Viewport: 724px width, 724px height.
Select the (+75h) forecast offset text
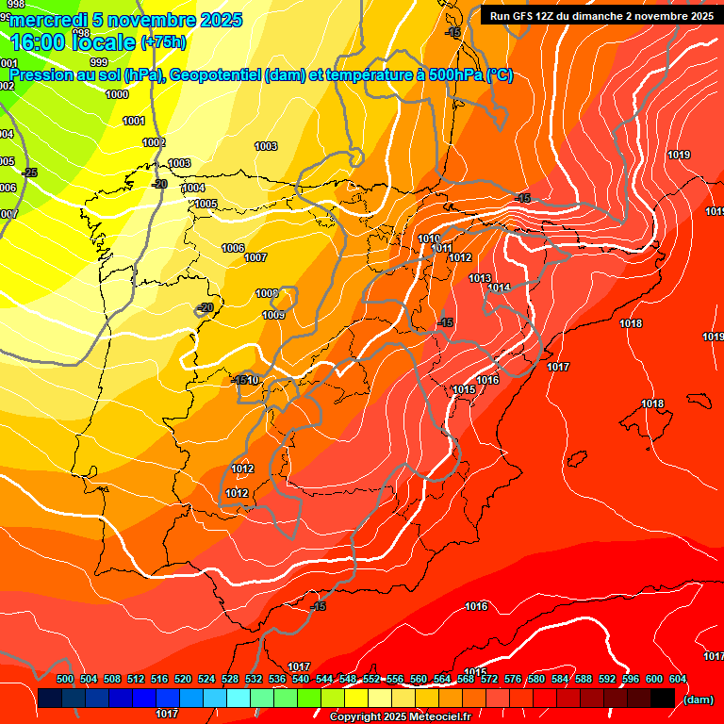pyautogui.click(x=163, y=42)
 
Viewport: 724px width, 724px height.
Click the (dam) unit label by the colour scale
pyautogui.click(x=698, y=699)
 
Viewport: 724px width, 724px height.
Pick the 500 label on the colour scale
pyautogui.click(x=65, y=680)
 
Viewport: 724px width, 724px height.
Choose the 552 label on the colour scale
pyautogui.click(x=371, y=680)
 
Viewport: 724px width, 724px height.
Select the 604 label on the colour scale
pyautogui.click(x=678, y=680)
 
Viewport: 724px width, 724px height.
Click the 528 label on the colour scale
pyautogui.click(x=230, y=680)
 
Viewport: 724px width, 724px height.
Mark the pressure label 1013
pyautogui.click(x=480, y=278)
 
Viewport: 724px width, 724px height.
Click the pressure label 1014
pyautogui.click(x=500, y=288)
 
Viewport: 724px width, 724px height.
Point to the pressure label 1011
pyautogui.click(x=442, y=248)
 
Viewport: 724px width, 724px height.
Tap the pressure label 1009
pyautogui.click(x=273, y=315)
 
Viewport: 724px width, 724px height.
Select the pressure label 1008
pyautogui.click(x=267, y=293)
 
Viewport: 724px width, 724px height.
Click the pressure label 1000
pyautogui.click(x=117, y=94)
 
